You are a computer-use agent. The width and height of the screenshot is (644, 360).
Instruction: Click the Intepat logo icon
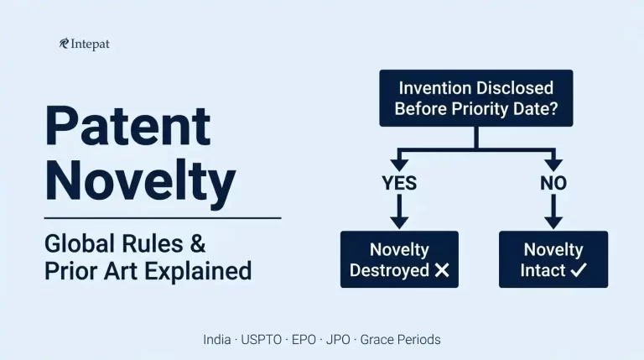(x=64, y=44)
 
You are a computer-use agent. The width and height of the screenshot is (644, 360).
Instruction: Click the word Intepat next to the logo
(x=91, y=44)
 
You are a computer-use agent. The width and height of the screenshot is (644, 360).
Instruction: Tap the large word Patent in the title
(x=127, y=126)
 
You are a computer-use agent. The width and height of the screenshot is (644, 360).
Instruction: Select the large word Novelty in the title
(x=140, y=180)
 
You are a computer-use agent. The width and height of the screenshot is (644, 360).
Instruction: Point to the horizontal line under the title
(x=162, y=218)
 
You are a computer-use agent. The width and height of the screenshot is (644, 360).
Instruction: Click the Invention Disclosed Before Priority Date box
(x=475, y=97)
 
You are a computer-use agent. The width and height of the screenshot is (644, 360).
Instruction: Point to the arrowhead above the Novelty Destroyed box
(x=398, y=221)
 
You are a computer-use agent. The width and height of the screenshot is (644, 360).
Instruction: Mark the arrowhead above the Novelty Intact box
(x=553, y=221)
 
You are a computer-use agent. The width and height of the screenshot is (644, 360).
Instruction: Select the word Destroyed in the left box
(x=388, y=270)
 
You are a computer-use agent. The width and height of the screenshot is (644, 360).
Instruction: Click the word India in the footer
(x=217, y=340)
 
